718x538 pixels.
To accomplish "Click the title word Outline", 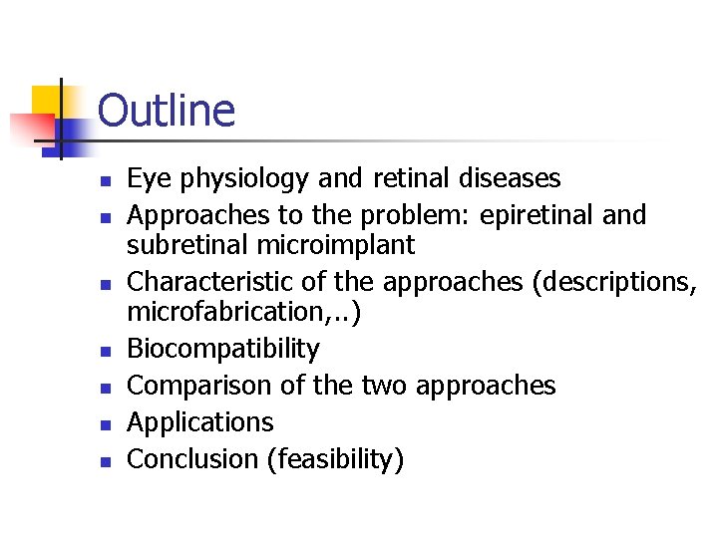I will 167,111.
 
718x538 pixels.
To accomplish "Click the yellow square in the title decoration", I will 46,100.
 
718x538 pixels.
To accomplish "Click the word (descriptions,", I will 615,283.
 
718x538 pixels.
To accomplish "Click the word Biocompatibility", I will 223,349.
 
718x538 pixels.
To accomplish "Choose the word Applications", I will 200,422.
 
